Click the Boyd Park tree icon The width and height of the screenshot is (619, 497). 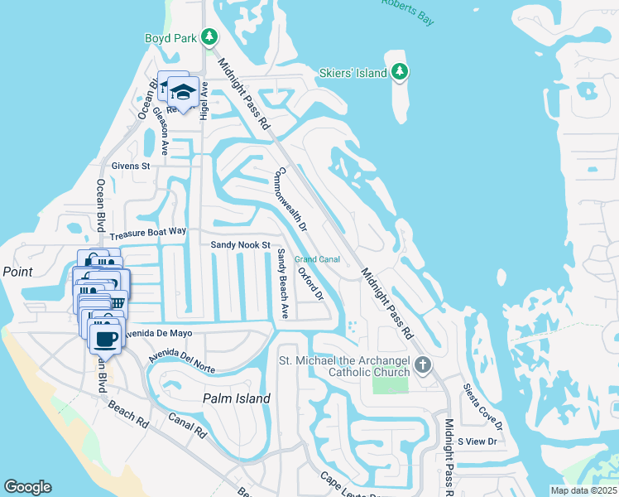click(210, 36)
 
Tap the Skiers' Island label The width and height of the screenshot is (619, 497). click(353, 73)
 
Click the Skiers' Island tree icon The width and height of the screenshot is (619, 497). click(401, 72)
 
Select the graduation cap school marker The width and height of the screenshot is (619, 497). click(182, 92)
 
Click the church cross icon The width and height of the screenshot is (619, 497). click(423, 364)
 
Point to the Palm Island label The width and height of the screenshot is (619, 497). click(237, 398)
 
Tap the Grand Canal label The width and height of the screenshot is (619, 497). click(318, 259)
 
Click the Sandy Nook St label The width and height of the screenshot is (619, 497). click(241, 245)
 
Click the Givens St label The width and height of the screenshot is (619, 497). click(131, 166)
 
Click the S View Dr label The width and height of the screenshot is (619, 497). click(477, 442)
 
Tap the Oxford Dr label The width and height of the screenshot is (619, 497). click(310, 283)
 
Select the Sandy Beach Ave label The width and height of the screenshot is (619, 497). click(282, 283)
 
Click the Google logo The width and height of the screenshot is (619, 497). click(27, 487)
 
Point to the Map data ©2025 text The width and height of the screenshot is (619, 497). click(583, 490)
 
